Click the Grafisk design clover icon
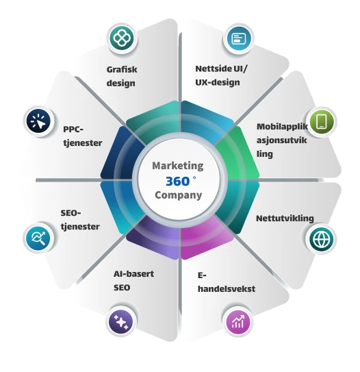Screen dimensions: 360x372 tap(122, 38)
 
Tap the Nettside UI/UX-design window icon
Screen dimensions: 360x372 tap(239, 38)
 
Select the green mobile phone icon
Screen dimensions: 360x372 tap(322, 122)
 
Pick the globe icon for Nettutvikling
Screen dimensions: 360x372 tap(322, 239)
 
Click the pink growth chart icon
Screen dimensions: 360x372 tap(237, 322)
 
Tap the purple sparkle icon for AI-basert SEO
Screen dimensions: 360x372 tap(121, 322)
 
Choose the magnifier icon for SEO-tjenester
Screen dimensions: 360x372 tap(38, 238)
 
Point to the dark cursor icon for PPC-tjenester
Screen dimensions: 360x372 tap(38, 121)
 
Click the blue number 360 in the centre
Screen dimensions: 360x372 tap(178, 182)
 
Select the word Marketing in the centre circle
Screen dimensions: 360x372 tap(178, 166)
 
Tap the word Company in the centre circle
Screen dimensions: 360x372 tap(179, 195)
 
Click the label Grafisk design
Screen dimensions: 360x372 tap(122, 77)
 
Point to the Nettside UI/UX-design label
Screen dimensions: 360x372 tap(221, 75)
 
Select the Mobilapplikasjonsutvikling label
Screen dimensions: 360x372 tap(282, 140)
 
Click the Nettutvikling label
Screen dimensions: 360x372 tap(285, 219)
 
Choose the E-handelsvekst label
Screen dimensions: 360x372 tap(227, 282)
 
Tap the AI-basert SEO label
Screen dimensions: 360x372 tap(133, 281)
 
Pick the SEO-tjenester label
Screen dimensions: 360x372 tap(80, 220)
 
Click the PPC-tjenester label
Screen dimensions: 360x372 tap(83, 136)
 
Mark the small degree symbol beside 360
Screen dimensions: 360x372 tap(194, 177)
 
